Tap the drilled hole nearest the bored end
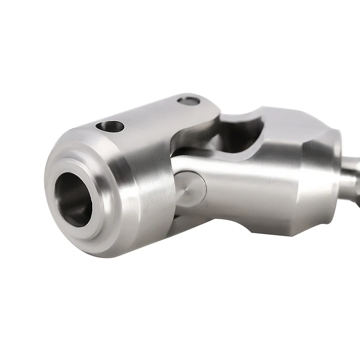tap(109, 126)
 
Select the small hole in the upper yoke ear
tap(188, 101)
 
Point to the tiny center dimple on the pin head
tap(186, 190)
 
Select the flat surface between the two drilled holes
tap(148, 115)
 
